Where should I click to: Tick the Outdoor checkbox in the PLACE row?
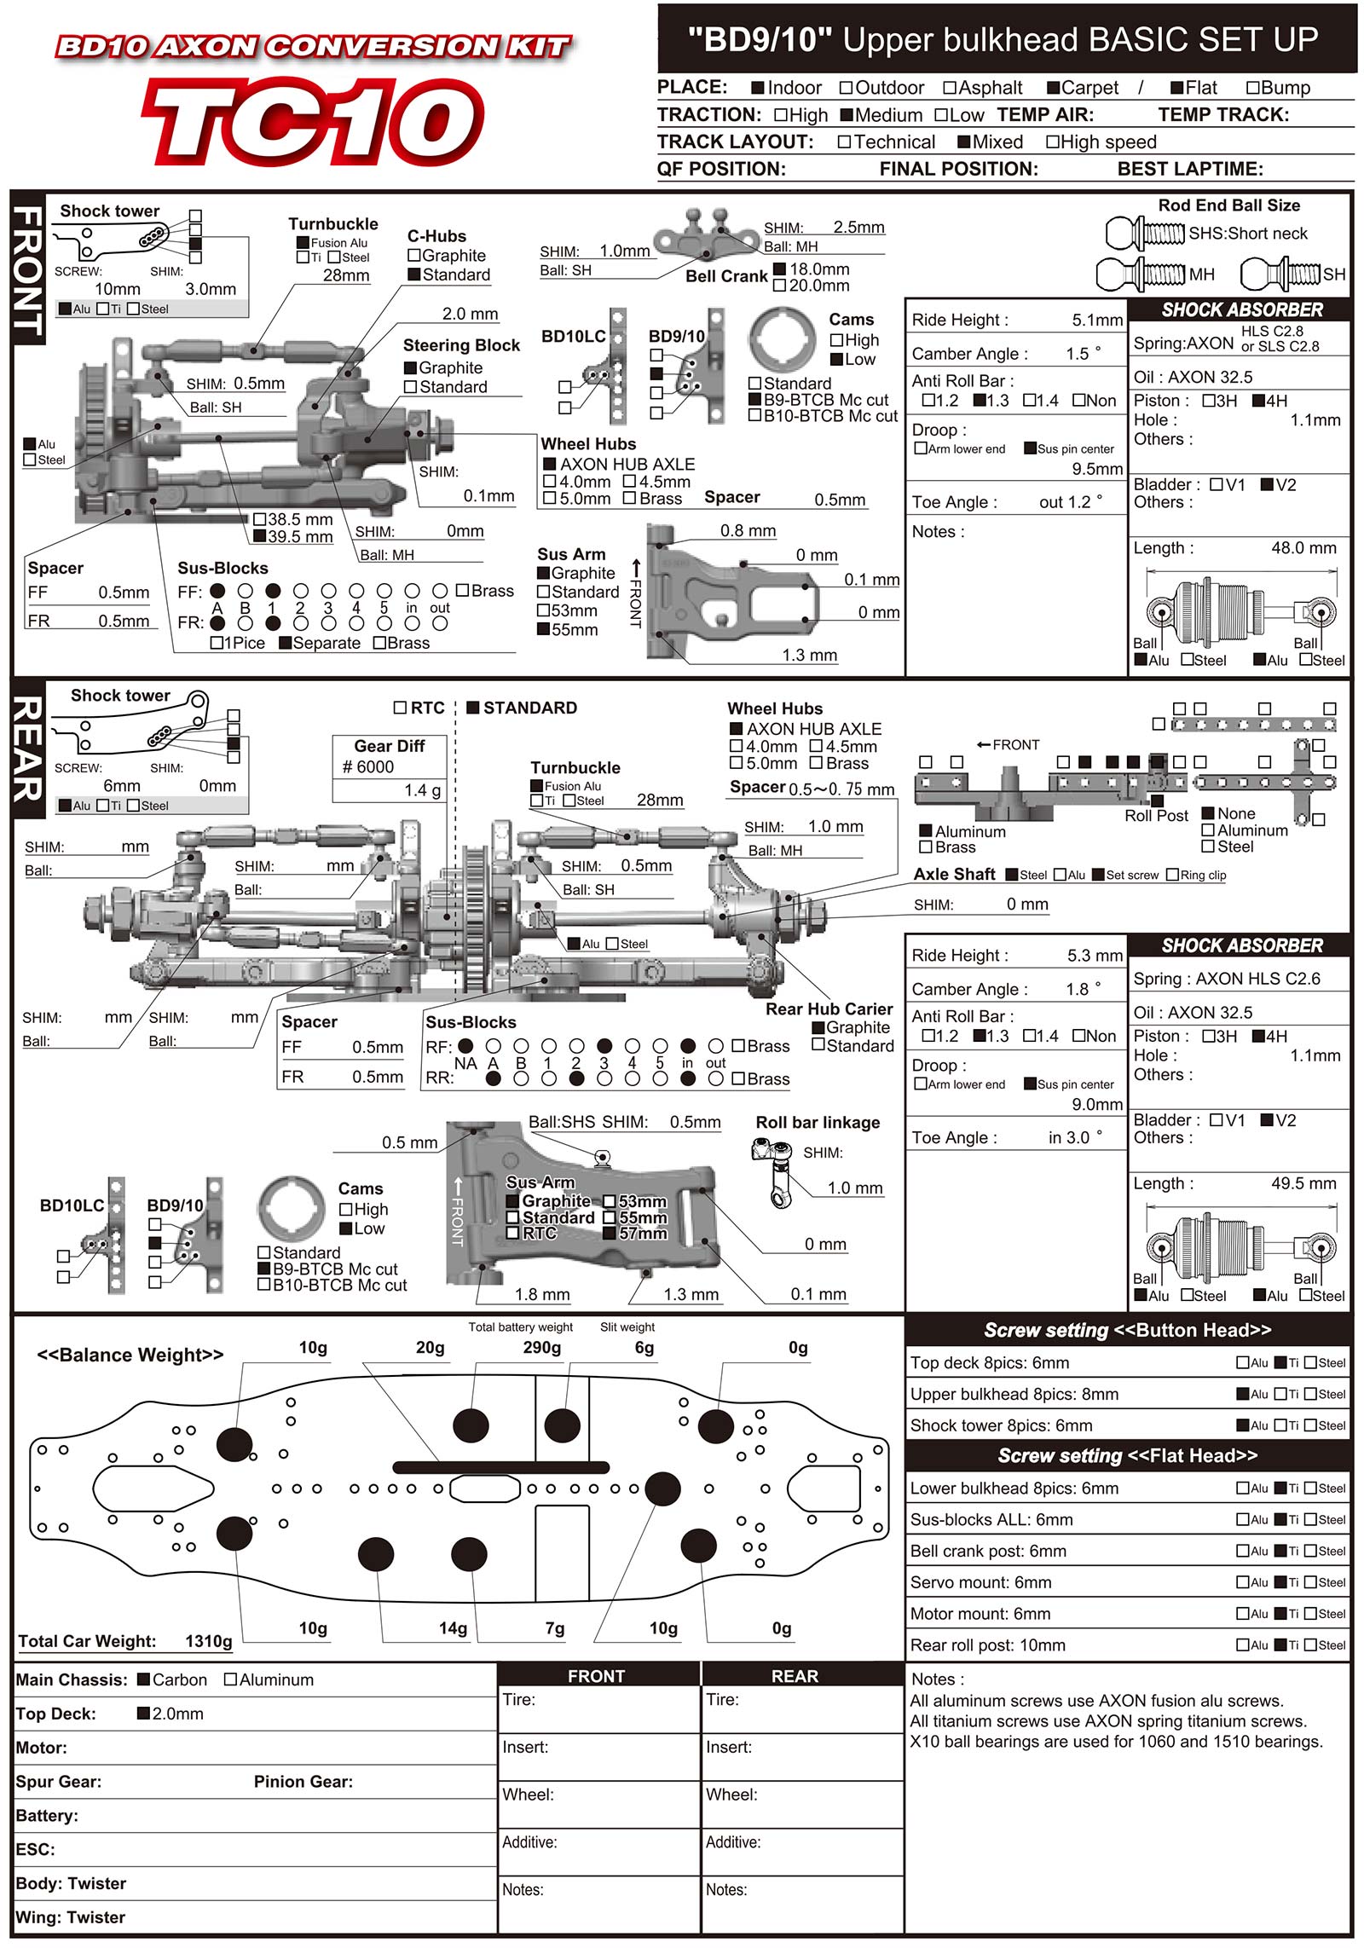tap(847, 88)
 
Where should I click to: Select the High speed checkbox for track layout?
tap(1053, 142)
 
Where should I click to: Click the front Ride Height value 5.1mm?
tap(1097, 321)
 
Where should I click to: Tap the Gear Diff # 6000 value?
tap(368, 767)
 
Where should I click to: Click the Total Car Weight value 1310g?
tap(208, 1641)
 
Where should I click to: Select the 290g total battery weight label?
tap(541, 1347)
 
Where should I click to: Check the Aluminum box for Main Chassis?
tap(230, 1679)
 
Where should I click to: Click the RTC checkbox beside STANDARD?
tap(400, 708)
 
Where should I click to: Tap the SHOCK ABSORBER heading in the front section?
tap(1241, 310)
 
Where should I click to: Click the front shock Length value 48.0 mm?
tap(1303, 548)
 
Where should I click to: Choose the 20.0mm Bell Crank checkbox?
tap(779, 286)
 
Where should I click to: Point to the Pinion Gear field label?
tap(303, 1782)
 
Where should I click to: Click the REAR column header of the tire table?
tap(795, 1676)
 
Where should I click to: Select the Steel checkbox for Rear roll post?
tap(1311, 1645)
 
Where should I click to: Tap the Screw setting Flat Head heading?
tap(1127, 1456)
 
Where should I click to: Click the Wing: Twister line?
tap(71, 1917)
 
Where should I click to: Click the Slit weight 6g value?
tap(644, 1347)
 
